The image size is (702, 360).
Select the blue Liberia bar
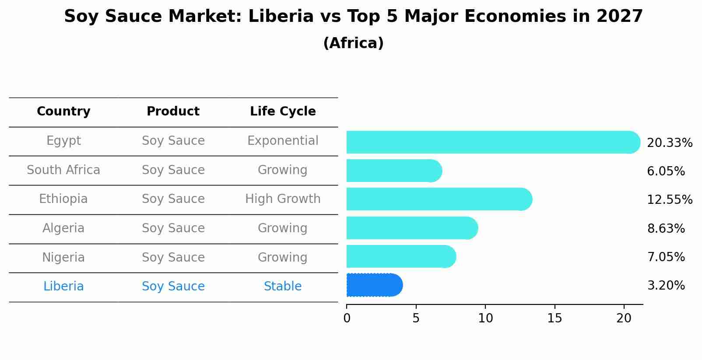374,285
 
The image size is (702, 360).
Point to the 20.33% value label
669,143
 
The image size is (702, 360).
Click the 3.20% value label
666,286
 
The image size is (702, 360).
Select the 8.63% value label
666,228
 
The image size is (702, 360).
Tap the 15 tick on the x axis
555,318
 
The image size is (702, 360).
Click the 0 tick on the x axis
347,318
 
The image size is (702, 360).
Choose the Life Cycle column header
283,112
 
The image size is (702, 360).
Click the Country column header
63,112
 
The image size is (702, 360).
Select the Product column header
173,112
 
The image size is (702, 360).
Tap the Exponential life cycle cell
283,141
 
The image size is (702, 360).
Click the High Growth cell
283,199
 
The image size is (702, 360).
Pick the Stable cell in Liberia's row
283,287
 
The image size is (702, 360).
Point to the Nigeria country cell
63,257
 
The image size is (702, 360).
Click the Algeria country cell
63,228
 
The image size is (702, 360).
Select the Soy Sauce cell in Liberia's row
173,287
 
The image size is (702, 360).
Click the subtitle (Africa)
353,43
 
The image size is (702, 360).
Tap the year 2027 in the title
619,17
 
